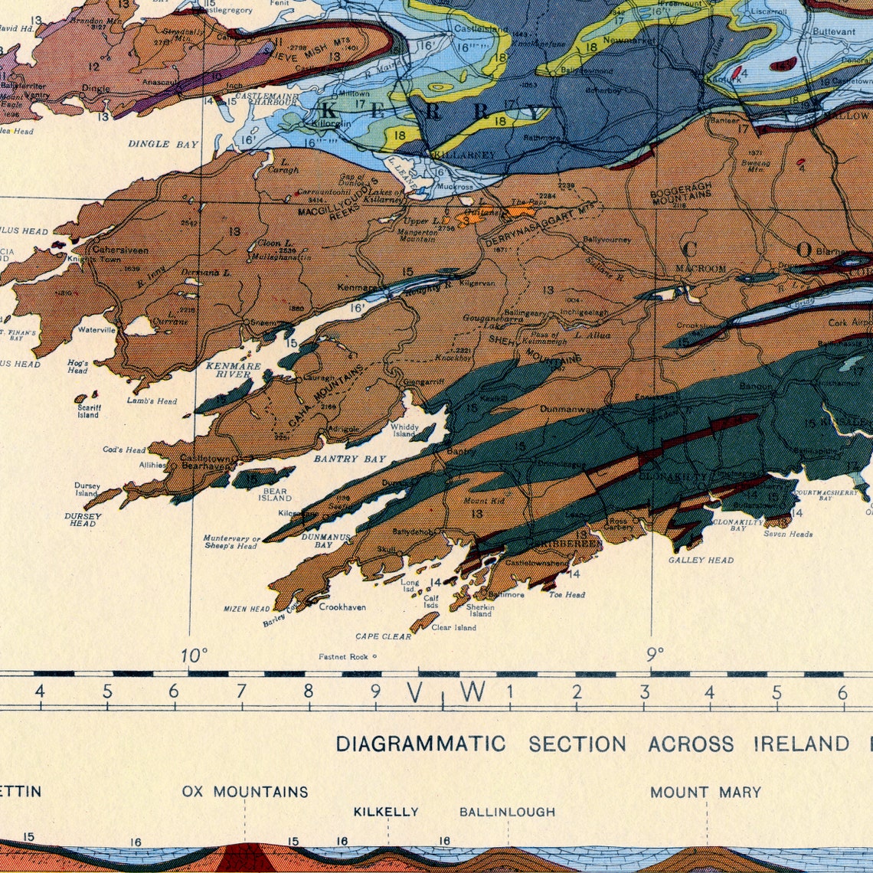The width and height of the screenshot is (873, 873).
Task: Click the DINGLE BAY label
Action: (x=163, y=144)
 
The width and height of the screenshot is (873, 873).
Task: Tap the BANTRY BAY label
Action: (x=349, y=459)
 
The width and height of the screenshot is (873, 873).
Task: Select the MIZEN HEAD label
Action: (x=247, y=609)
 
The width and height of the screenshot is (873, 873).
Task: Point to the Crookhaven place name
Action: (x=342, y=607)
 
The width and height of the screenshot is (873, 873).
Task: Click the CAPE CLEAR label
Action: (x=383, y=636)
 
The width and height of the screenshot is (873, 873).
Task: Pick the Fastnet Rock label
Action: (x=344, y=656)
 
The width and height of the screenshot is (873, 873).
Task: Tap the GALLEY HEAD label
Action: (x=701, y=560)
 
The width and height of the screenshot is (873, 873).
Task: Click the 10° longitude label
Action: (x=194, y=656)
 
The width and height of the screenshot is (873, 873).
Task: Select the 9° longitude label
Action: (x=655, y=655)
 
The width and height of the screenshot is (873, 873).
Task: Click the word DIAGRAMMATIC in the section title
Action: (x=420, y=744)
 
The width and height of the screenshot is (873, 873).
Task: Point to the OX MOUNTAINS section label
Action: (x=245, y=792)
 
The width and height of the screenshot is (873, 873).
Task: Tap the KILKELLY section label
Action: (x=386, y=812)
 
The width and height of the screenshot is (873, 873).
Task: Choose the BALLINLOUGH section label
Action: (x=507, y=812)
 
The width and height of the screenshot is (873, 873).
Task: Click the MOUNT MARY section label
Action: (x=705, y=792)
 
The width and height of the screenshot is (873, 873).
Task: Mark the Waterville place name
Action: (x=96, y=330)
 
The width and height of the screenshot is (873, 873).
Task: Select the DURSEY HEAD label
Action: (x=83, y=520)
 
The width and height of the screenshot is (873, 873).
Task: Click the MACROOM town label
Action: (x=700, y=268)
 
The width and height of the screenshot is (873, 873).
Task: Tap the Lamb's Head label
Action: (x=152, y=401)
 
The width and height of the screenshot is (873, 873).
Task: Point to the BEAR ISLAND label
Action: (x=274, y=495)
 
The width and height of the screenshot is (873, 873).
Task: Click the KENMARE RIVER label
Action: (x=233, y=371)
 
